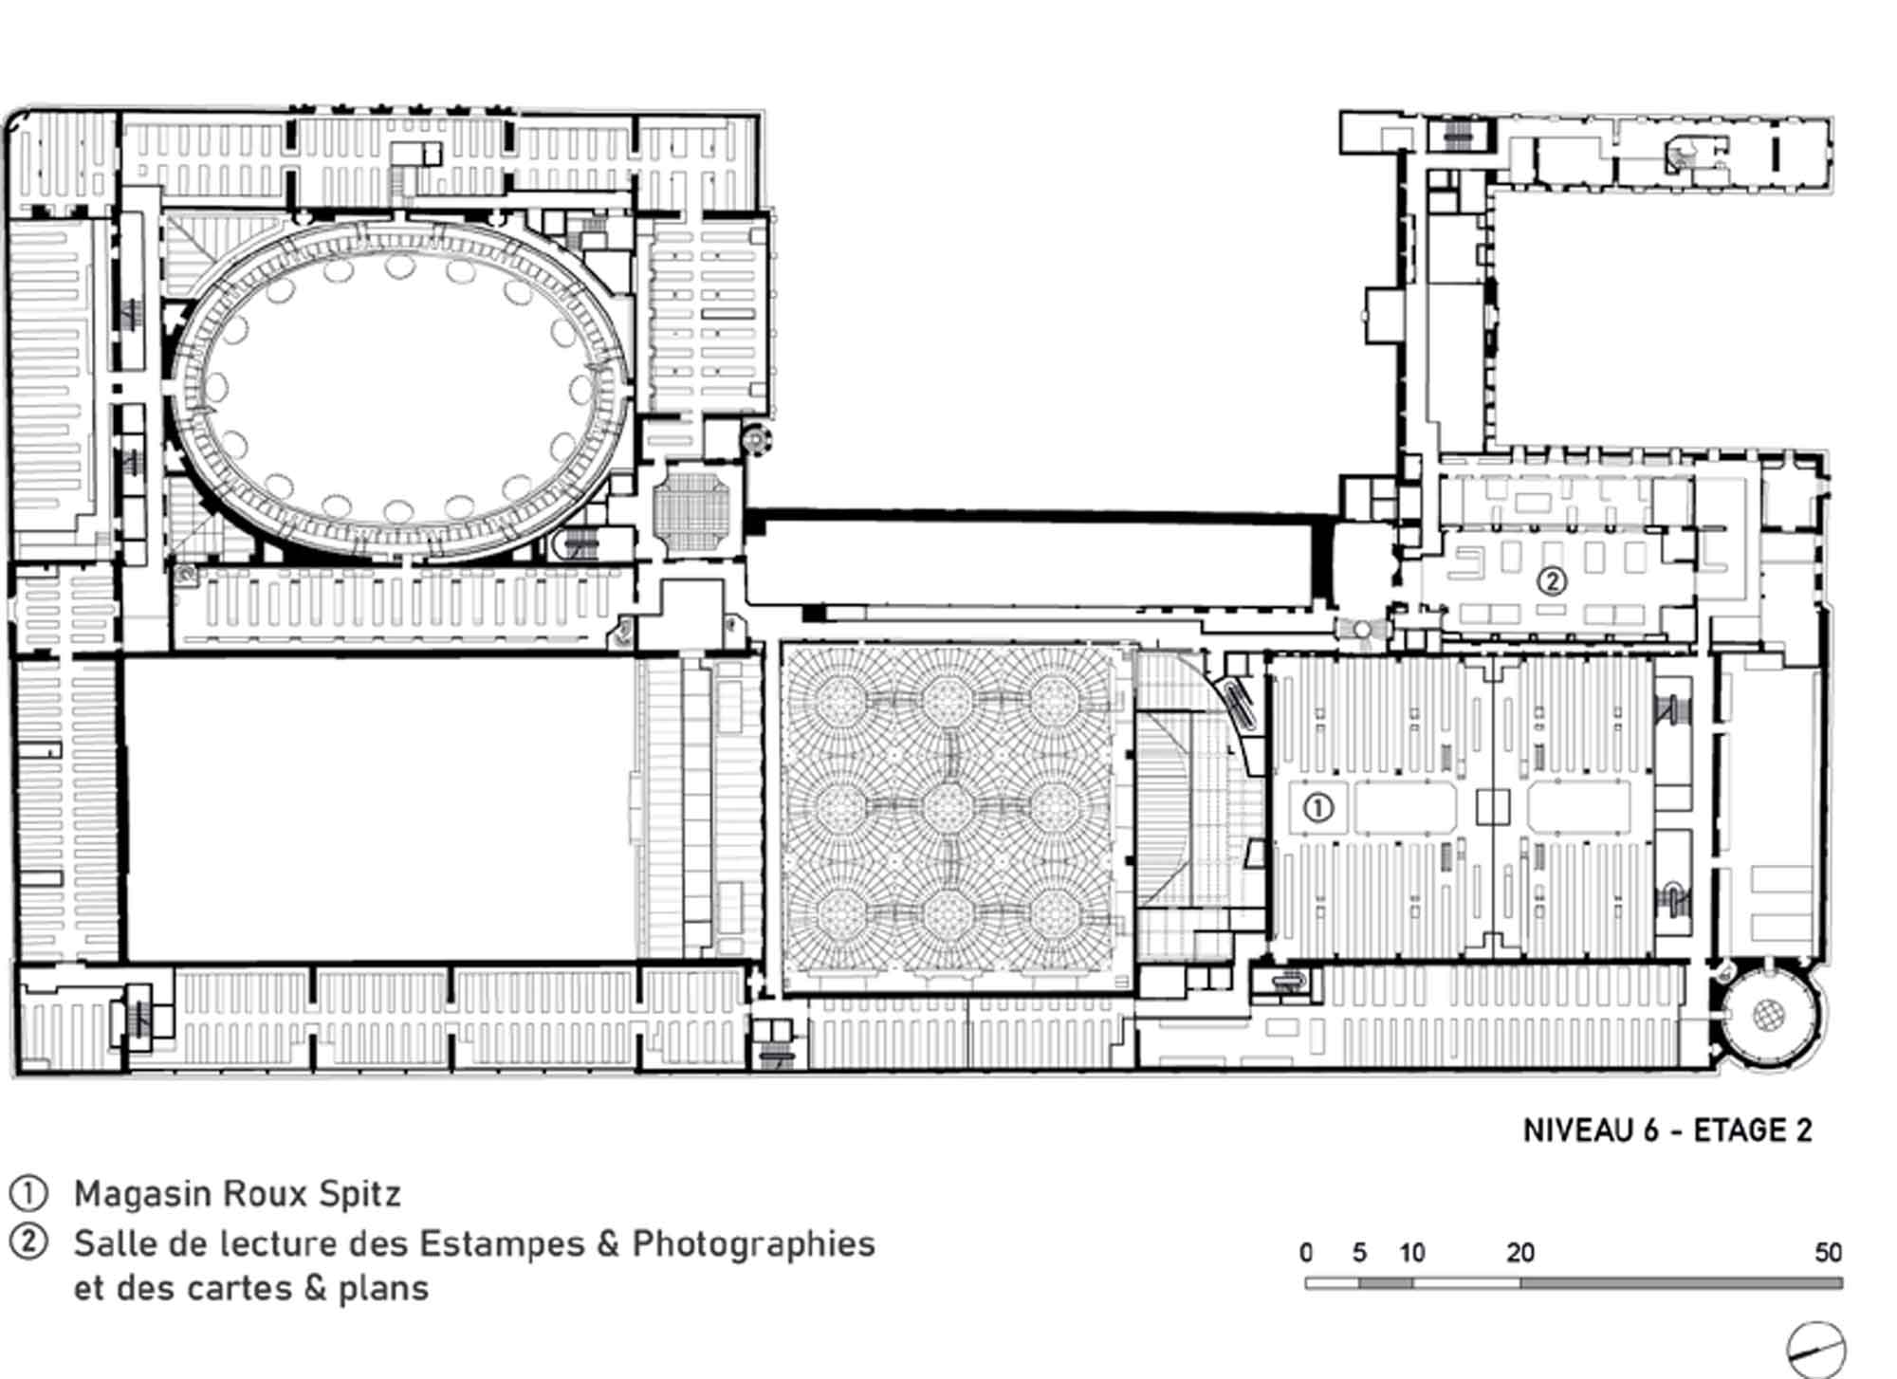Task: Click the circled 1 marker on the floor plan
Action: click(1318, 808)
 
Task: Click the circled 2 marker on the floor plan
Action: click(1551, 580)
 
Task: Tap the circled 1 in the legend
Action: click(28, 1193)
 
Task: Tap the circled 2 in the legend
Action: click(28, 1242)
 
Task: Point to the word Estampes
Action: click(502, 1244)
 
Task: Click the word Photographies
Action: click(753, 1244)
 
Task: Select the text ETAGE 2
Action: click(1753, 1131)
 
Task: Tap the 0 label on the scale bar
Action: click(1306, 1253)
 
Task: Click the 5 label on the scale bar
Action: click(1359, 1253)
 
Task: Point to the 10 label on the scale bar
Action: click(1412, 1253)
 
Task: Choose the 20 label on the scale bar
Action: click(1519, 1253)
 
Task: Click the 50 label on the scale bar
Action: click(1828, 1253)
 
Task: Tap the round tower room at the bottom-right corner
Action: click(1767, 1017)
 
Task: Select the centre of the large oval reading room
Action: click(399, 389)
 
